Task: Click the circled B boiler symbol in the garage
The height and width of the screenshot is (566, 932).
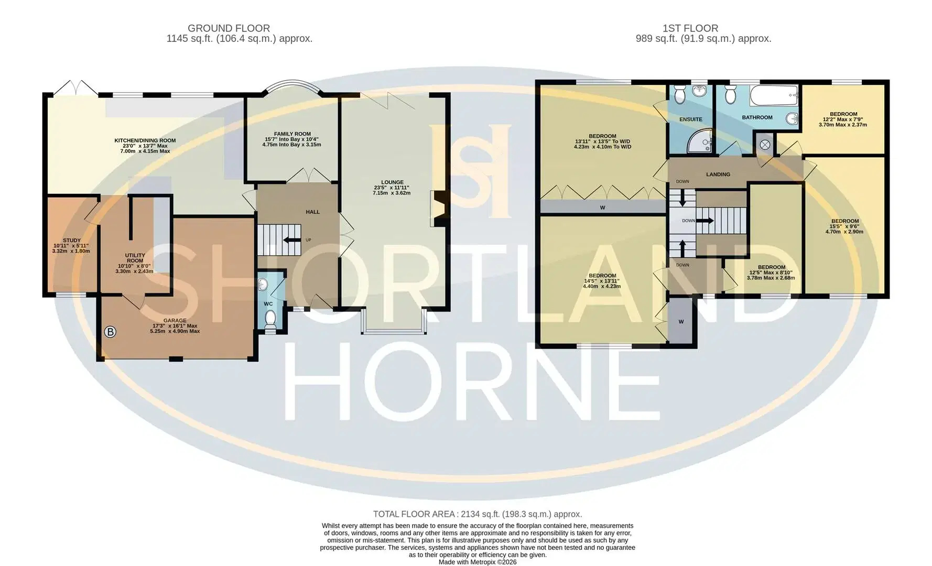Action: coord(111,331)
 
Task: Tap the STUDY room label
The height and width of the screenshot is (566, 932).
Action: coord(72,241)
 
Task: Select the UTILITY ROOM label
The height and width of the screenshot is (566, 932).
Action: coord(135,258)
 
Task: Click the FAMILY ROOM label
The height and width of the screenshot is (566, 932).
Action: coord(292,134)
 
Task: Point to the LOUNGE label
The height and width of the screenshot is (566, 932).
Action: coord(392,182)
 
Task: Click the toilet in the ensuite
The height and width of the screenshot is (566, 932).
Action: coord(679,94)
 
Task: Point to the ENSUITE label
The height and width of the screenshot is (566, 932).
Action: coord(690,119)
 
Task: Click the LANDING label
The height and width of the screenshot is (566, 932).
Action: coord(718,175)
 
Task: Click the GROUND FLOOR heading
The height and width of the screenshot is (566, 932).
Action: coord(229,28)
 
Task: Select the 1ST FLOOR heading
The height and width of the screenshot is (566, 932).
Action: coord(690,28)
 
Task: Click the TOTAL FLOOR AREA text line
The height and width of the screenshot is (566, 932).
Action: coord(478,514)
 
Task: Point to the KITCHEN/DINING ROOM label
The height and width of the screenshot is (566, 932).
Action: coord(145,140)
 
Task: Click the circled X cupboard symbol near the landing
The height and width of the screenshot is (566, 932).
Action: coord(765,145)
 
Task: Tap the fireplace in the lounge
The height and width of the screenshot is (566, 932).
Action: coord(438,209)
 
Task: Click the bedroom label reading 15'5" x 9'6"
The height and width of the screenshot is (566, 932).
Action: coord(844,226)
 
